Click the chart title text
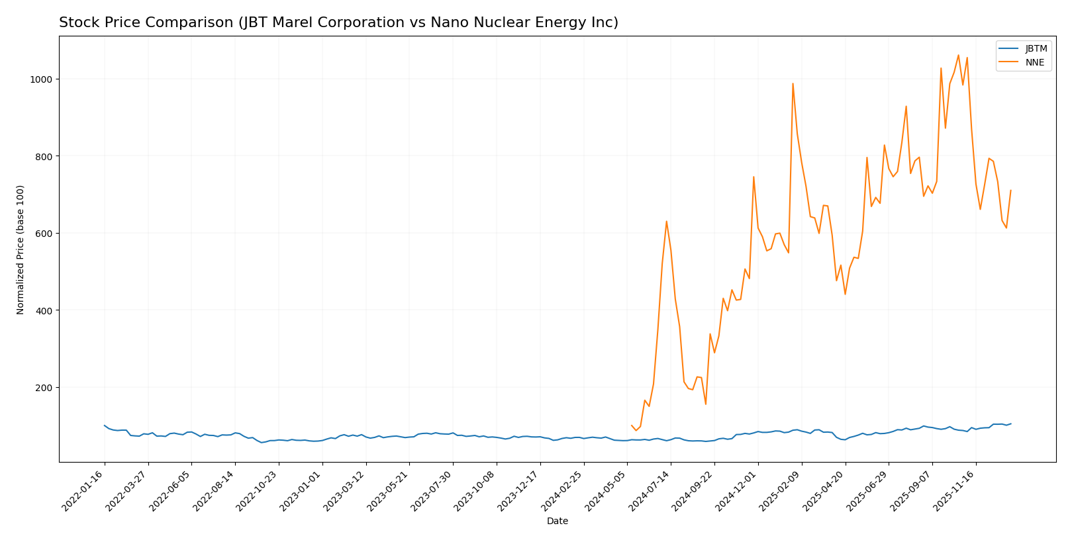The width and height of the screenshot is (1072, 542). click(338, 23)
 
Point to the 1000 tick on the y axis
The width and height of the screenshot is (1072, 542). click(40, 79)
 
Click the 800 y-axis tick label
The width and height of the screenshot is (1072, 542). click(43, 156)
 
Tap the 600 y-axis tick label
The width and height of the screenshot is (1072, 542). click(43, 234)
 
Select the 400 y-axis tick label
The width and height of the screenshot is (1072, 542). click(43, 310)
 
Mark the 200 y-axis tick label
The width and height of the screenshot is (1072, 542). click(43, 388)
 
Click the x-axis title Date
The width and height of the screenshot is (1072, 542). click(557, 521)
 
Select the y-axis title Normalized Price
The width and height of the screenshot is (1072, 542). click(21, 249)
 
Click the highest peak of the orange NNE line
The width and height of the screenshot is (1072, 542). click(958, 55)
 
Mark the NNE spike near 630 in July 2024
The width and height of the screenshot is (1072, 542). click(666, 221)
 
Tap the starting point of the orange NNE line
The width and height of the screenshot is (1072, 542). click(632, 425)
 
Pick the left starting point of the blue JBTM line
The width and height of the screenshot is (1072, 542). click(105, 426)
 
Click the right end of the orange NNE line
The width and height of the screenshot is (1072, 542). click(1010, 191)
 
